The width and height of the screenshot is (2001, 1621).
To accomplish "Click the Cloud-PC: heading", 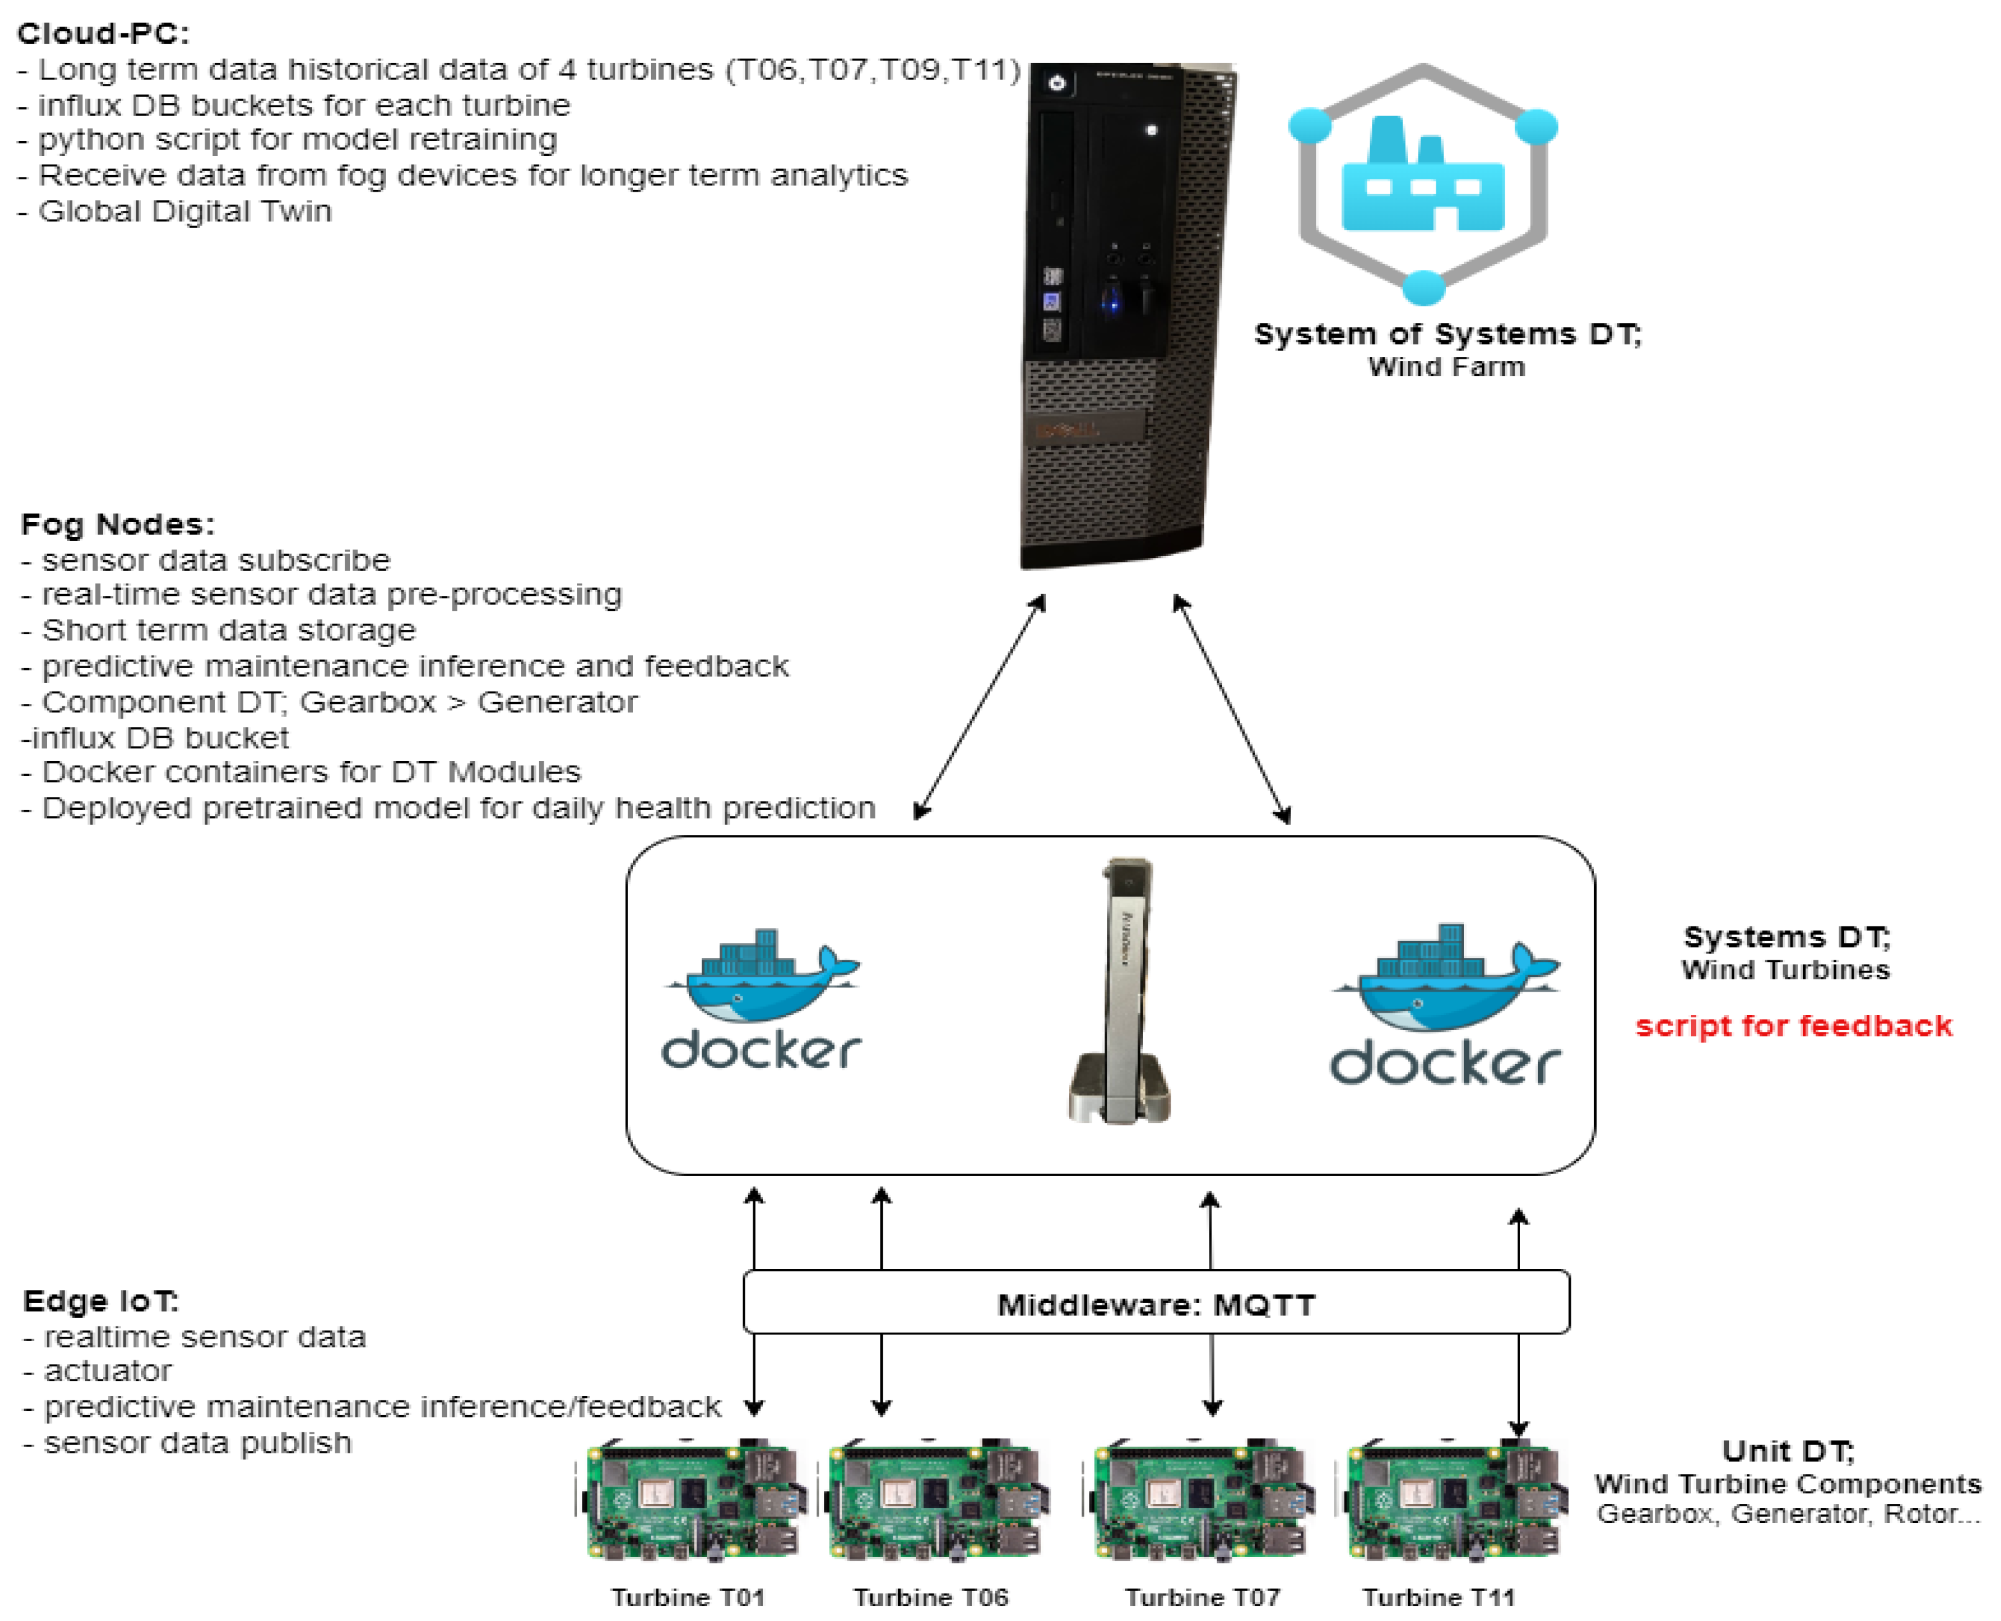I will tap(103, 34).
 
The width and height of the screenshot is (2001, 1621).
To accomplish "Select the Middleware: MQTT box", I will tap(1156, 1304).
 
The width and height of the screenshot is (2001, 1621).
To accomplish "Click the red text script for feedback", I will tap(1793, 1026).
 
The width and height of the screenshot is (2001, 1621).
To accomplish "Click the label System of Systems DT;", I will tap(1447, 334).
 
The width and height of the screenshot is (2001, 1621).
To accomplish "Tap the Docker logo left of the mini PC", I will tap(761, 999).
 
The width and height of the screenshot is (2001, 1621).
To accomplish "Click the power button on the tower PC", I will tap(1057, 83).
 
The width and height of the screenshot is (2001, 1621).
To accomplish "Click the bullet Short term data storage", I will tap(229, 631).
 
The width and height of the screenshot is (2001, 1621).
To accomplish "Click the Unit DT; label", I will tap(1787, 1451).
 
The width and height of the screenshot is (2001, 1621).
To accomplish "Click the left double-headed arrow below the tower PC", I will tap(980, 708).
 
